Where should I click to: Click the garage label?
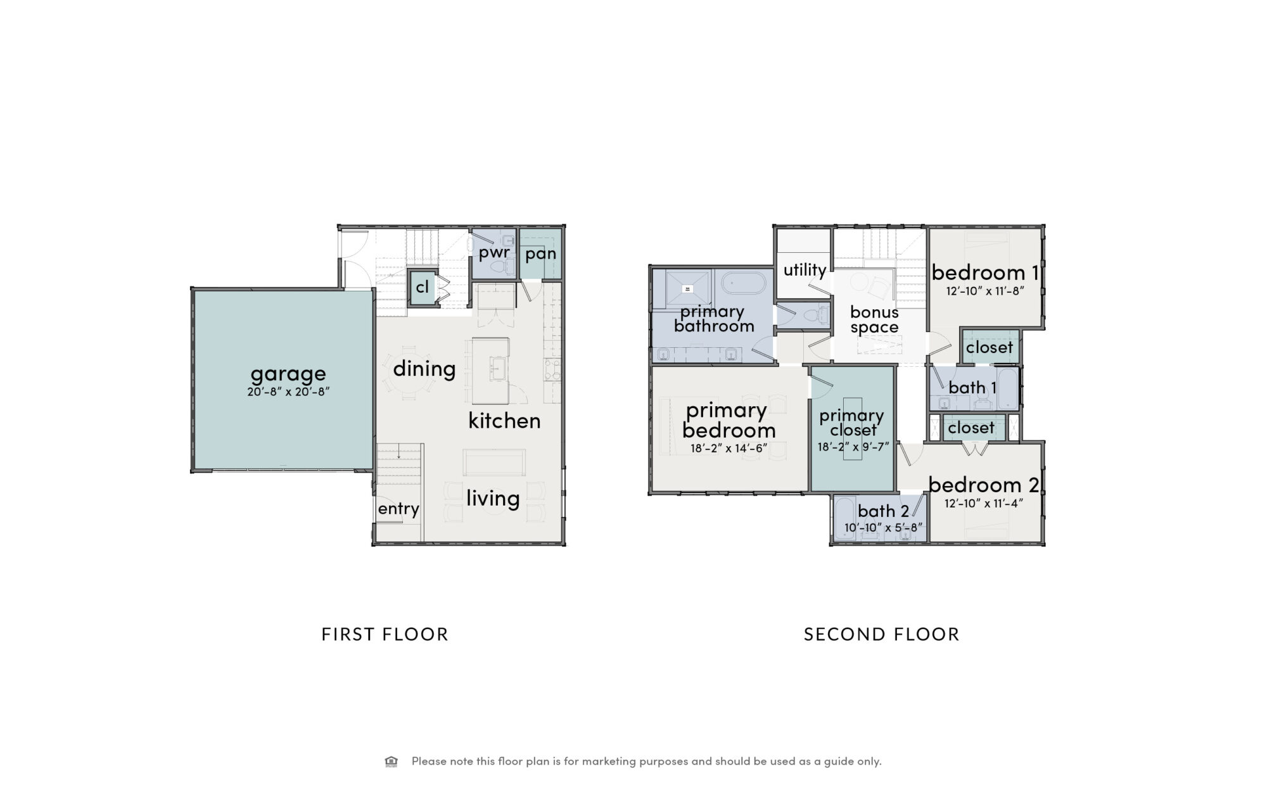[x=288, y=374]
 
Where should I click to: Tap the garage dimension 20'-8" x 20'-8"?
[x=288, y=392]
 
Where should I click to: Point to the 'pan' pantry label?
[x=540, y=255]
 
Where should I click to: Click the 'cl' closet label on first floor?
[x=423, y=287]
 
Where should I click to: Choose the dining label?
[x=424, y=369]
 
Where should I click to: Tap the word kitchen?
[x=504, y=420]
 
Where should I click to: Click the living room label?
[x=493, y=499]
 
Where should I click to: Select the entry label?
[x=398, y=509]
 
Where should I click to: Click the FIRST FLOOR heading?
[x=385, y=634]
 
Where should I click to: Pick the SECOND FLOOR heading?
[x=881, y=634]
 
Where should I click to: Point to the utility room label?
[x=805, y=271]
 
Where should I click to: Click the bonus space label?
[x=874, y=320]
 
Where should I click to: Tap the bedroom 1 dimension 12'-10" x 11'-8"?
[x=985, y=291]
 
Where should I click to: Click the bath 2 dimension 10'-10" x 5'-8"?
[x=883, y=527]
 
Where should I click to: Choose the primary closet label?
[x=852, y=423]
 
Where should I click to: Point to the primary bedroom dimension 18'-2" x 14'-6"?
[x=729, y=448]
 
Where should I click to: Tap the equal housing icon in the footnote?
[x=392, y=761]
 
